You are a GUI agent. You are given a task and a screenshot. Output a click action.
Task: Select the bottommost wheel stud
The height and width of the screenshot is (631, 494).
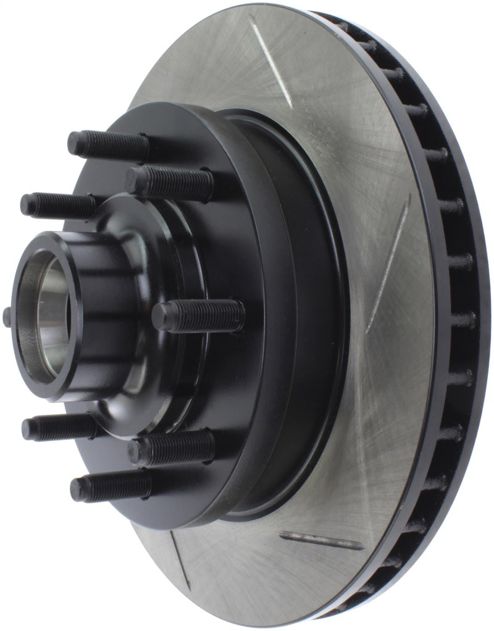(111, 487)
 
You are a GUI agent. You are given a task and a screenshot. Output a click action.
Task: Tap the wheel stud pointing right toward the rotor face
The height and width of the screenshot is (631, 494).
(198, 317)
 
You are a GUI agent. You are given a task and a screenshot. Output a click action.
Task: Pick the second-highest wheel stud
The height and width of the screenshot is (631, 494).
(169, 182)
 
